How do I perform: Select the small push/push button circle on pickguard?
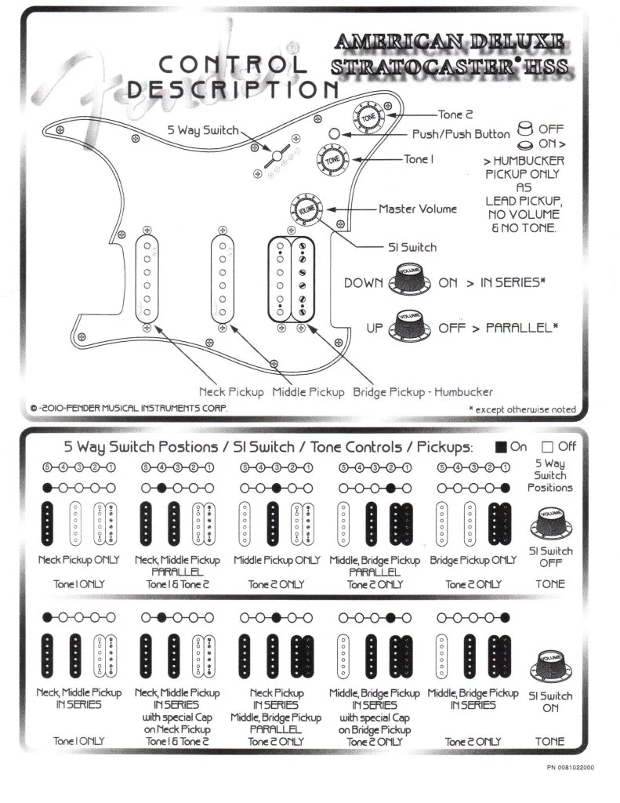[334, 134]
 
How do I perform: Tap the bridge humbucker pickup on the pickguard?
[292, 278]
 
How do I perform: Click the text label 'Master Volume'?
[418, 209]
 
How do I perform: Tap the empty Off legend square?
[548, 447]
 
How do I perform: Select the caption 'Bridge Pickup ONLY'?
[473, 561]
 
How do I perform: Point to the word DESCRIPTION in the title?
[233, 89]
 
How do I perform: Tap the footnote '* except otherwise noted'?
[522, 409]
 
